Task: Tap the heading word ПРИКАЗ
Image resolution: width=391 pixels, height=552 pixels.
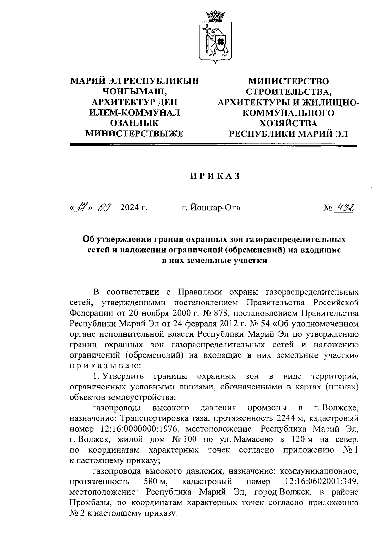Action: pyautogui.click(x=215, y=176)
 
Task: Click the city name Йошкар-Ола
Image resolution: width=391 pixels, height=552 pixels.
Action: pyautogui.click(x=211, y=207)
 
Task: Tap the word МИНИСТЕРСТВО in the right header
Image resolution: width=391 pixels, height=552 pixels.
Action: pyautogui.click(x=288, y=81)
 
